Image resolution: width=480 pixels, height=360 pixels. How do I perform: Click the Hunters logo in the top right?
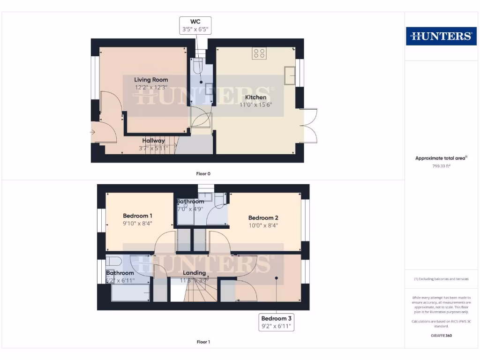[x=441, y=36]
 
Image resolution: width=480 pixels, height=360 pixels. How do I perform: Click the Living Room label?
[x=151, y=80]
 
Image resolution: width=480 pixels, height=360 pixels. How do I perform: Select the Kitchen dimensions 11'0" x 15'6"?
[x=255, y=105]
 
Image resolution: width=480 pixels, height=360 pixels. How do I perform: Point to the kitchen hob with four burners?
[x=259, y=53]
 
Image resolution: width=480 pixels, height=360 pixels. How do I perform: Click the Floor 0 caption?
[x=203, y=173]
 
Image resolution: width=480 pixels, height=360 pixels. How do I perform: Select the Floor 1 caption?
[x=203, y=342]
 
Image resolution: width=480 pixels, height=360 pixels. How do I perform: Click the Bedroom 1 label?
[x=137, y=216]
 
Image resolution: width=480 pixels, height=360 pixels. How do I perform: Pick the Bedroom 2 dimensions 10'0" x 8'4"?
[x=263, y=225]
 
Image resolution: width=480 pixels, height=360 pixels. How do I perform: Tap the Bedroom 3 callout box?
[x=277, y=322]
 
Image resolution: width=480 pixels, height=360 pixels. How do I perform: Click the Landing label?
[x=194, y=273]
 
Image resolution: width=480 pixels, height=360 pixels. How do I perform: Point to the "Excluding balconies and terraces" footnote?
[x=441, y=279]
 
